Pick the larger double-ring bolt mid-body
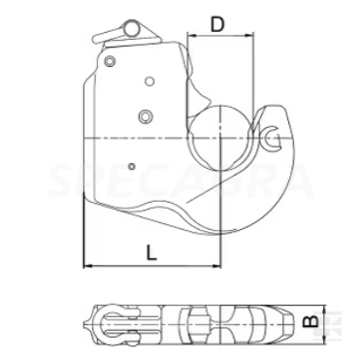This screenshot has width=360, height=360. pyautogui.click(x=146, y=116)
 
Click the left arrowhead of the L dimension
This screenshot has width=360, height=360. pyautogui.click(x=89, y=265)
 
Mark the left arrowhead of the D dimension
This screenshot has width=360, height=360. pyautogui.click(x=190, y=36)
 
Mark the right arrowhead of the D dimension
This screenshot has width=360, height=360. pyautogui.click(x=251, y=36)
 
